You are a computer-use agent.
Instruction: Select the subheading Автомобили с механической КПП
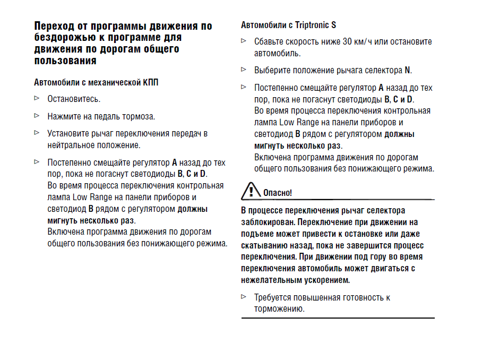pyautogui.click(x=96, y=82)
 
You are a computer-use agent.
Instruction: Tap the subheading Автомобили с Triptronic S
pyautogui.click(x=288, y=25)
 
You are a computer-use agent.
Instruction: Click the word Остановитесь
pyautogui.click(x=74, y=99)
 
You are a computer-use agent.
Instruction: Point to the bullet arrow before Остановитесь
pyautogui.click(x=37, y=98)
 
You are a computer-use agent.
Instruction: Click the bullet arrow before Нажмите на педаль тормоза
pyautogui.click(x=37, y=115)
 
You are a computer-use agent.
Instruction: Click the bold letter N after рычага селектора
pyautogui.click(x=407, y=70)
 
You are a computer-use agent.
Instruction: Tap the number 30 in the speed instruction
pyautogui.click(x=348, y=41)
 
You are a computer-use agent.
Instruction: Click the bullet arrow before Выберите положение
pyautogui.click(x=244, y=70)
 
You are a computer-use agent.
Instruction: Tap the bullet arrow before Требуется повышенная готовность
pyautogui.click(x=244, y=297)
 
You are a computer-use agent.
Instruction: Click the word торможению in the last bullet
pyautogui.click(x=279, y=309)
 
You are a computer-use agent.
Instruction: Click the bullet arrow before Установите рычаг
pyautogui.click(x=37, y=132)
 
